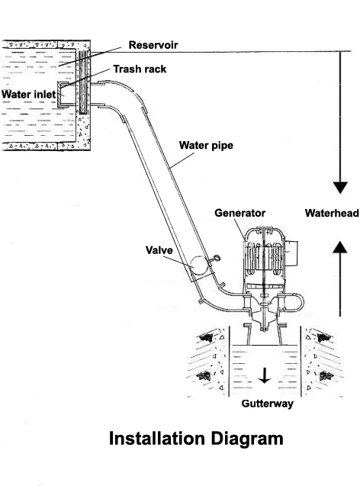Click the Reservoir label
coord(153,45)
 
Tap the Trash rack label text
coord(140,69)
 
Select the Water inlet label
coord(28,95)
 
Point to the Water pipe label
coord(205,144)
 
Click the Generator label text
coord(239,213)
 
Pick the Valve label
coord(159,249)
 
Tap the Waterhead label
coord(331,214)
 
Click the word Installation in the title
coord(155,439)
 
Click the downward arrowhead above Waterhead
coord(340,188)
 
